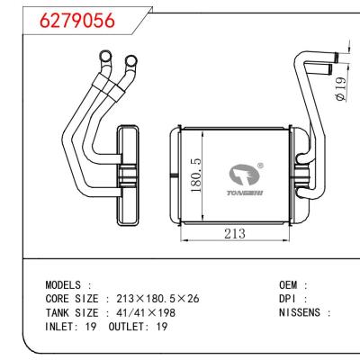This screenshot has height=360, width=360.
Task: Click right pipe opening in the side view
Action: (x=131, y=62)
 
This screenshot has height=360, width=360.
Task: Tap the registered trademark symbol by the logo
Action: (x=260, y=165)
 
